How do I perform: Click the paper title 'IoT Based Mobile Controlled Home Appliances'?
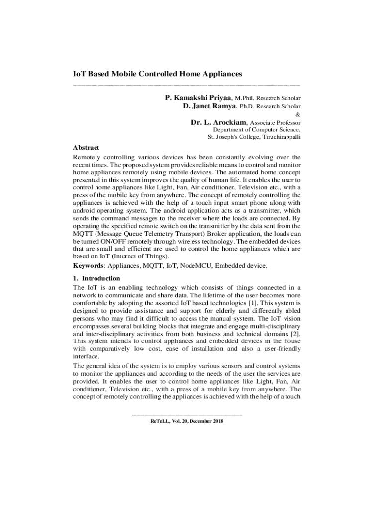point(157,74)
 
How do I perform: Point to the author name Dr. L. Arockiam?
point(218,122)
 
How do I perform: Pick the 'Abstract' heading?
point(86,148)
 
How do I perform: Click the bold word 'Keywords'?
point(88,266)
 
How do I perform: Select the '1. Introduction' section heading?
point(96,278)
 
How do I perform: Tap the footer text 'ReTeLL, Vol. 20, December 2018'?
point(187,421)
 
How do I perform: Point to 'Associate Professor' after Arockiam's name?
point(275,123)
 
